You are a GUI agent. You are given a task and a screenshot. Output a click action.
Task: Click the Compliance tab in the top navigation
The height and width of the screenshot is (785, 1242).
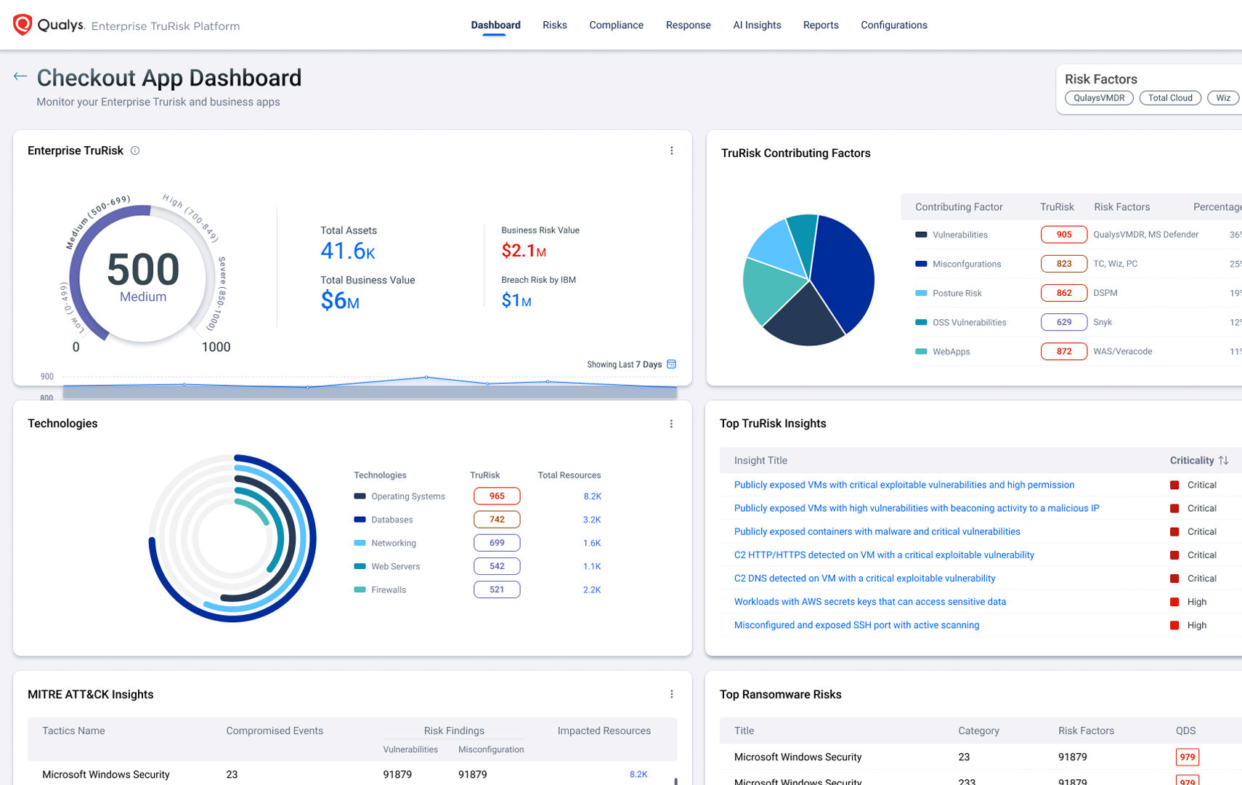click(x=616, y=25)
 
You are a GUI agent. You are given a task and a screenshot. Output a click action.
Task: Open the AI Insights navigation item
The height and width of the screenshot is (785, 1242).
click(x=757, y=25)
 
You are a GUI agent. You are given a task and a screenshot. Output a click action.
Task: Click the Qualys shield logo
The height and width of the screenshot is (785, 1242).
click(x=23, y=25)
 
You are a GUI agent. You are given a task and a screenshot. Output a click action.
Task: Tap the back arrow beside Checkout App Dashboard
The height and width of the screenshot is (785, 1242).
click(x=20, y=76)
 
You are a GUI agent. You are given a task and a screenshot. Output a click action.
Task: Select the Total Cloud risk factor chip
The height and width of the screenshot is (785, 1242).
click(x=1170, y=98)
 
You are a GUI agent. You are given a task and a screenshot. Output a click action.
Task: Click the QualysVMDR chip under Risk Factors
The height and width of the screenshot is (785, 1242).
click(x=1099, y=98)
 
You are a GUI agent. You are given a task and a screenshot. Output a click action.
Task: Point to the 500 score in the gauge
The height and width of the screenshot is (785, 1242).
click(x=143, y=270)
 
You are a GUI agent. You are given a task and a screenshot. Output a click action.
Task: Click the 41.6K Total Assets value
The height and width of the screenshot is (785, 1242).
click(x=348, y=251)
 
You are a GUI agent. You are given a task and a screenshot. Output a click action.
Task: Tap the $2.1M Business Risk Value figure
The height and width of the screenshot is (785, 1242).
click(x=524, y=251)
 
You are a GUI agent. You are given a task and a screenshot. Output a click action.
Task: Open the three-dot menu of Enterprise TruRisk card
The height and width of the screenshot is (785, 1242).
click(x=671, y=150)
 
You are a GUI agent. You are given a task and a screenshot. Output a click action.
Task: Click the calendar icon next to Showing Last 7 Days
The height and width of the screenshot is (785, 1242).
click(x=672, y=364)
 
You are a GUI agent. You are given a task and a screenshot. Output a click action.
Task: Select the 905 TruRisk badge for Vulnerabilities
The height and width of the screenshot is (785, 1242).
click(x=1064, y=235)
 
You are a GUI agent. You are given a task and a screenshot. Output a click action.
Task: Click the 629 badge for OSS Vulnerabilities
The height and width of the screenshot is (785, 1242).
click(x=1064, y=322)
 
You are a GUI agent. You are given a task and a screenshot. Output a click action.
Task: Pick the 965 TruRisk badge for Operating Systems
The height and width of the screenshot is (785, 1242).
click(x=497, y=496)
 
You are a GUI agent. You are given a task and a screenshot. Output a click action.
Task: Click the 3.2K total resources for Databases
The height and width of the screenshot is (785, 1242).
click(x=592, y=520)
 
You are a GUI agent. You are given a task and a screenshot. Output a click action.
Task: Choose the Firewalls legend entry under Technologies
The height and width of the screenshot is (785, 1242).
click(x=389, y=589)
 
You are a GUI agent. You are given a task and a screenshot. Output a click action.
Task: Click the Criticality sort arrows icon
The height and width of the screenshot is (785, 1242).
click(x=1224, y=460)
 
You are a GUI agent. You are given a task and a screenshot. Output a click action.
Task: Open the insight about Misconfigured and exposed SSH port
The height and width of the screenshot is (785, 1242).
click(x=856, y=625)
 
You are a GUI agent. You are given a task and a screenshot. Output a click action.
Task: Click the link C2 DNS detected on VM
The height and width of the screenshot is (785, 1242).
click(x=864, y=579)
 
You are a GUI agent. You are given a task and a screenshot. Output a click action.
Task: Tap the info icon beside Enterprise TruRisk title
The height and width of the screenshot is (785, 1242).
click(x=135, y=150)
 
